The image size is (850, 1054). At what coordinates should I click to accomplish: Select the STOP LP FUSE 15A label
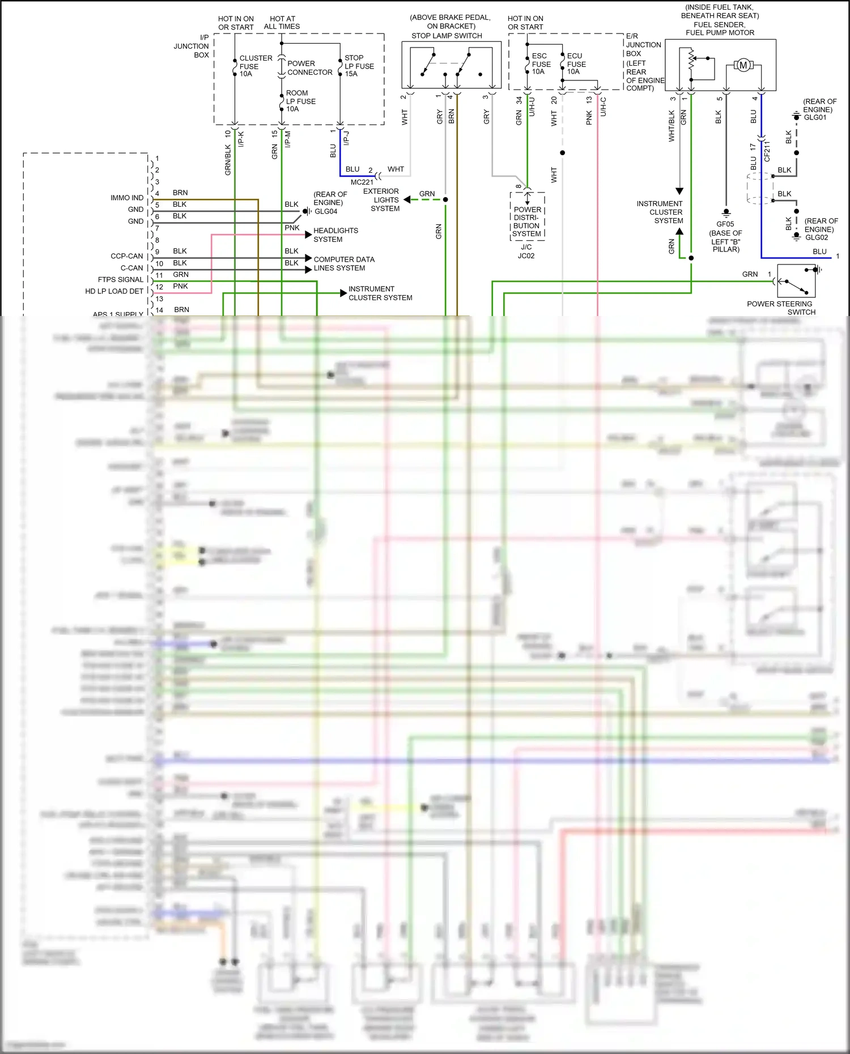[x=359, y=66]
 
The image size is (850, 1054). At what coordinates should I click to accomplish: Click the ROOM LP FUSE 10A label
[x=300, y=101]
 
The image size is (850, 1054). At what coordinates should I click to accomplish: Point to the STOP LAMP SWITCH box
[x=451, y=65]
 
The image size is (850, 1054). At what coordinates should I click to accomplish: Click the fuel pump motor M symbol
[x=743, y=65]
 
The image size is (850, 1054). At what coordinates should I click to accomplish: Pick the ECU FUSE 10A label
[x=575, y=64]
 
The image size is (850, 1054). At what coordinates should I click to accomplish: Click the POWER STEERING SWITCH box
[x=796, y=281]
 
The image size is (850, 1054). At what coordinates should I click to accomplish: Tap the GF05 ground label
[x=725, y=224]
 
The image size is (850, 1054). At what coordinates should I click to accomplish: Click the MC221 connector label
[x=362, y=182]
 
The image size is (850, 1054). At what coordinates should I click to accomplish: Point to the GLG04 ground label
[x=326, y=211]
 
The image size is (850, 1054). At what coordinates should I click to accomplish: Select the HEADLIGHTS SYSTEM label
[x=335, y=235]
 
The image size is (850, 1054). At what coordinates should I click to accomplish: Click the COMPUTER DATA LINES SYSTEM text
[x=343, y=264]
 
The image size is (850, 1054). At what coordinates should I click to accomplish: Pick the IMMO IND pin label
[x=127, y=198]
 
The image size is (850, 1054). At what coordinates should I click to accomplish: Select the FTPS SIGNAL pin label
[x=121, y=280]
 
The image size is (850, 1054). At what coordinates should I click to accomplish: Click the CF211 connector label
[x=767, y=152]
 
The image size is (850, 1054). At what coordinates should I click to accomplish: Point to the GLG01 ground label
[x=815, y=117]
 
